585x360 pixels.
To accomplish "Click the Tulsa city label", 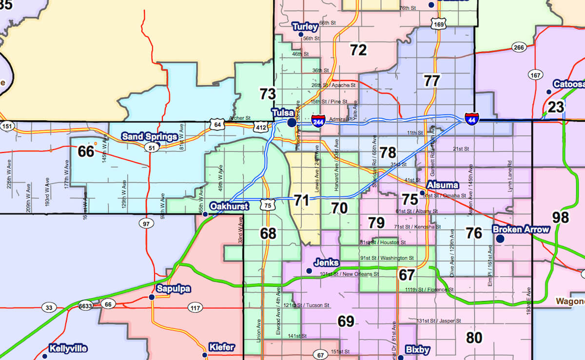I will tap(282, 113).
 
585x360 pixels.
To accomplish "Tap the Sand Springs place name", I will tap(149, 136).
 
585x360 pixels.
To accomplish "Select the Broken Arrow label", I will tap(521, 229).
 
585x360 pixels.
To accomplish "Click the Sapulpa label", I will tap(174, 289).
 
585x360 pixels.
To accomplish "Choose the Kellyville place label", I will tap(68, 348).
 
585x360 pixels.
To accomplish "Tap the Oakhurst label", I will tap(229, 206).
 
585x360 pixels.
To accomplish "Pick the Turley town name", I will tap(305, 26).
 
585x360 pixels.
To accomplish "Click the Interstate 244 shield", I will tap(318, 119).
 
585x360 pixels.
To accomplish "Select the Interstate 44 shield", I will tap(471, 118).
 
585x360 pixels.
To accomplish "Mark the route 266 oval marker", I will tap(519, 47).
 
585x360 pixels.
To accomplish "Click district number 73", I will tap(268, 94).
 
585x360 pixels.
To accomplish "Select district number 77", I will tap(431, 80).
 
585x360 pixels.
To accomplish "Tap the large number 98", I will tap(561, 217).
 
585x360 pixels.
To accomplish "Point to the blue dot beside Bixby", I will tap(401, 357).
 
